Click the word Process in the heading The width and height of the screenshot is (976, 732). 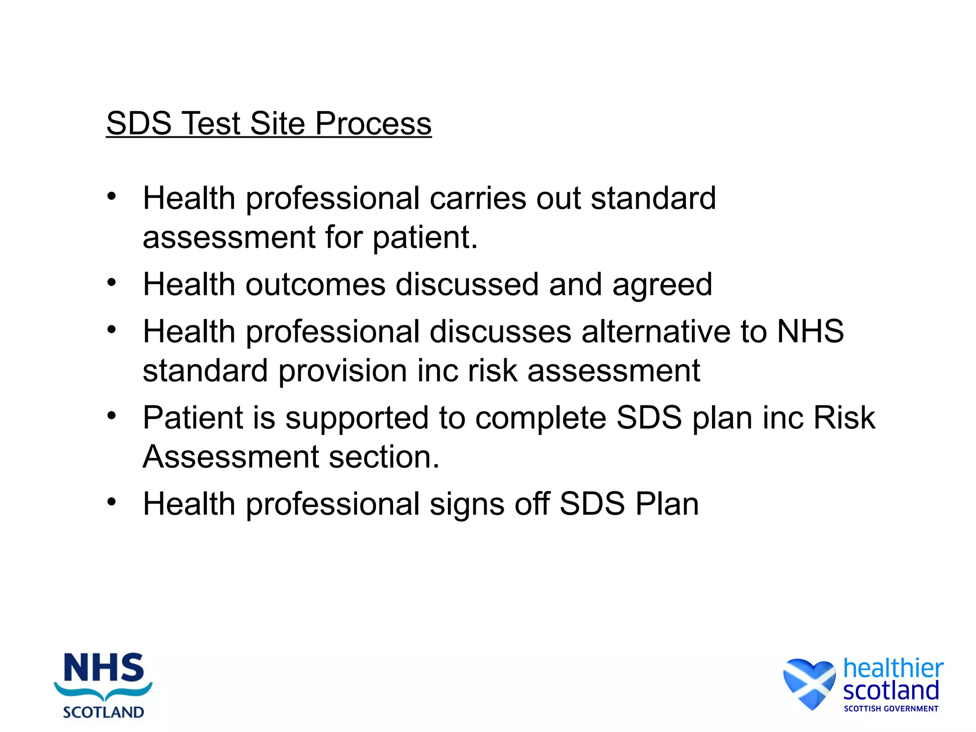(x=373, y=124)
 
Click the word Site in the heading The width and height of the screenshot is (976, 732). (x=277, y=124)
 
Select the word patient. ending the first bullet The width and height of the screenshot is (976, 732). (x=425, y=238)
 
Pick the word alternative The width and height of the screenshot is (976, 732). (x=656, y=332)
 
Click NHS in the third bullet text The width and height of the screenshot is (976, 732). (x=810, y=332)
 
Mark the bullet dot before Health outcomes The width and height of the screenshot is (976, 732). (x=112, y=283)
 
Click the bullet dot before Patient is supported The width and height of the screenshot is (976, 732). (x=112, y=416)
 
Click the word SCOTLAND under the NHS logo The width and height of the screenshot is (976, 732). (x=103, y=712)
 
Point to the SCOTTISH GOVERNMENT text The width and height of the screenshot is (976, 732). (x=891, y=709)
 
